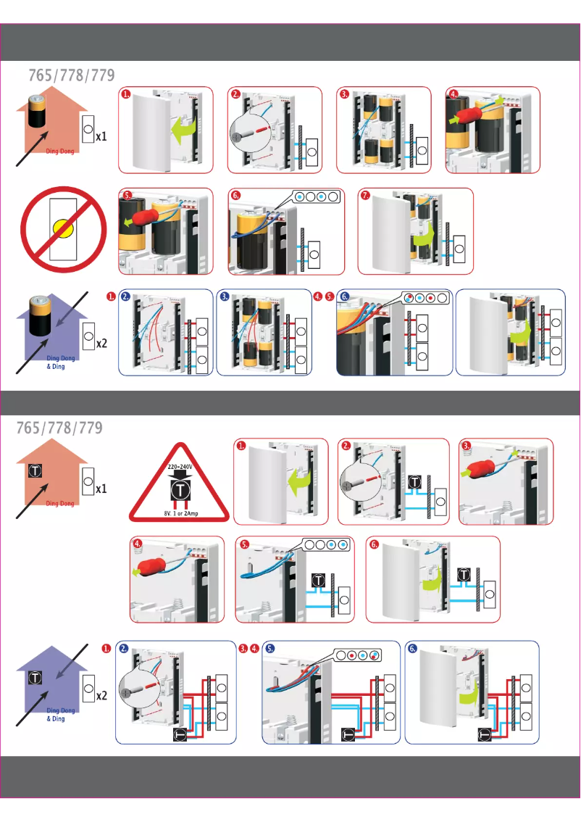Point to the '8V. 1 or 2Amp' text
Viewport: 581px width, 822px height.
click(x=178, y=512)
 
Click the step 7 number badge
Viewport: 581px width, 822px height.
click(x=365, y=196)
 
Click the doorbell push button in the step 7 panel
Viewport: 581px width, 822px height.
click(x=459, y=249)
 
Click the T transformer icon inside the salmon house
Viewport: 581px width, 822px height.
click(x=33, y=471)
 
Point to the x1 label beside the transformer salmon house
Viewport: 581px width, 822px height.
click(x=101, y=489)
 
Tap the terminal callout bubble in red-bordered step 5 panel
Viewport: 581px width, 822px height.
click(x=322, y=545)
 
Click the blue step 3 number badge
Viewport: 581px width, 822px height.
click(x=225, y=297)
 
